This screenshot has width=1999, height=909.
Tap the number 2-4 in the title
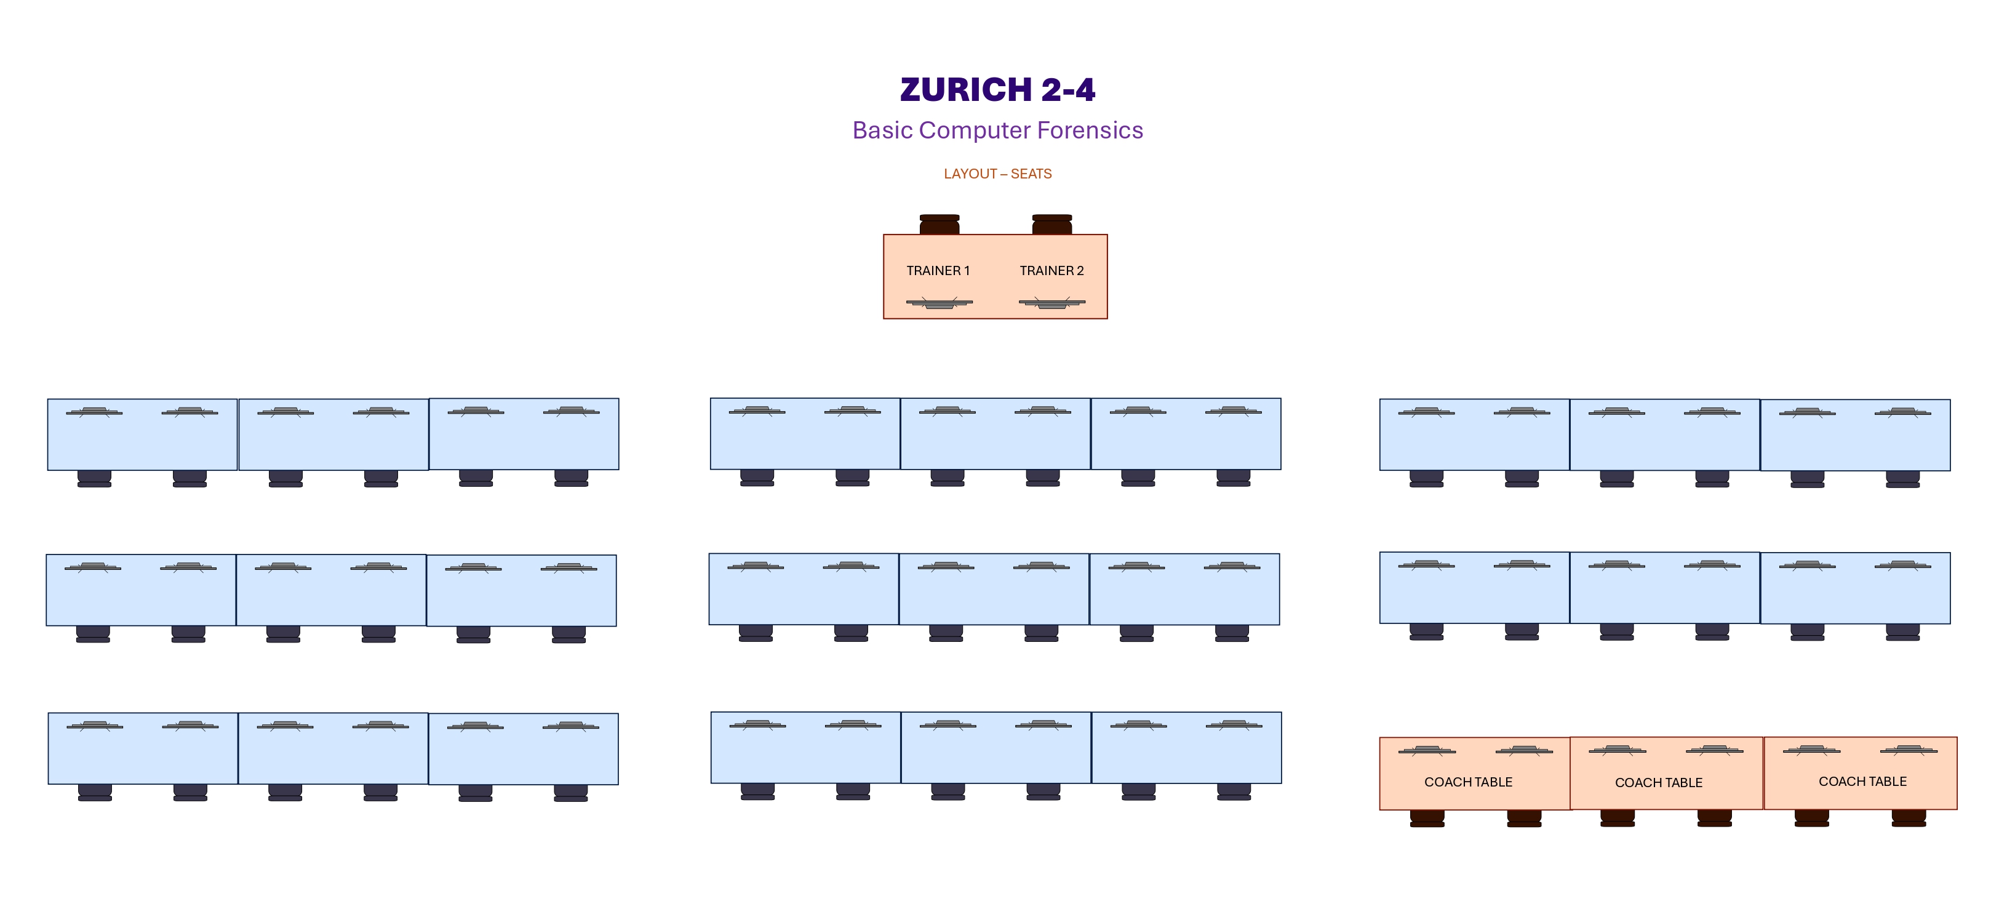(1067, 90)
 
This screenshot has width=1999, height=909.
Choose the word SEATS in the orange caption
(1031, 174)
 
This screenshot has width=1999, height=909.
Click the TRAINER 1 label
(938, 271)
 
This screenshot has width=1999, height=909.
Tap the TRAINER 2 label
(1051, 271)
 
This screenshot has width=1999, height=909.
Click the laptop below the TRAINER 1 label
(939, 303)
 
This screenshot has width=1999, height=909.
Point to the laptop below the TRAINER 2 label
(1051, 303)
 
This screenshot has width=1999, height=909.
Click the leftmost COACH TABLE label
(1468, 782)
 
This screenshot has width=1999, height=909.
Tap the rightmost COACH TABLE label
(1862, 782)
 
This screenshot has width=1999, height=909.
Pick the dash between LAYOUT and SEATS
(1003, 174)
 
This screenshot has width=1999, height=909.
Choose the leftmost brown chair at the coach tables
(1427, 818)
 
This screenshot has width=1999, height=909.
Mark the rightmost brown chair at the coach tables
(1908, 818)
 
